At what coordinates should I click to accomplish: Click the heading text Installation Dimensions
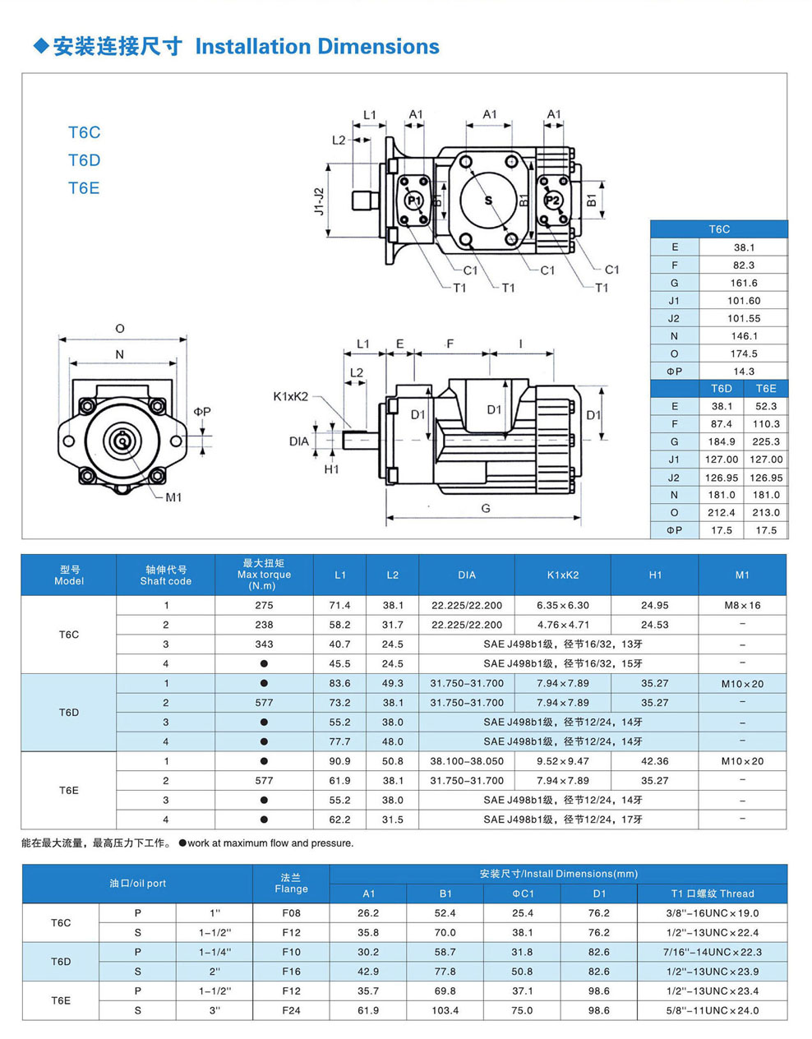click(x=317, y=47)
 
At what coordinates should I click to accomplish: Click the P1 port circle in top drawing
click(x=413, y=200)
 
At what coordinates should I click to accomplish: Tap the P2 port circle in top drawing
click(x=552, y=200)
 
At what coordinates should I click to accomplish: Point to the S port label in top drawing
click(x=488, y=200)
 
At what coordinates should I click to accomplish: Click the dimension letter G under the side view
click(x=486, y=508)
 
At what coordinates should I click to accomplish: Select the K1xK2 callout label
click(x=291, y=396)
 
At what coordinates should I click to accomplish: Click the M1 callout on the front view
click(x=173, y=497)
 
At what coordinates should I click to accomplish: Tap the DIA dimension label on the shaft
click(x=299, y=441)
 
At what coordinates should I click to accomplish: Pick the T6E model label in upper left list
click(x=84, y=188)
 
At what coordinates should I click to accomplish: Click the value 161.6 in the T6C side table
click(x=744, y=283)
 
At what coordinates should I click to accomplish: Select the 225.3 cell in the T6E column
click(x=766, y=441)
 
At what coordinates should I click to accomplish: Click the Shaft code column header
click(x=166, y=575)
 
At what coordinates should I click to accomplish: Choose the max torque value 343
click(x=264, y=644)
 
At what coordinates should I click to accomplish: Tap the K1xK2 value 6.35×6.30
click(x=563, y=606)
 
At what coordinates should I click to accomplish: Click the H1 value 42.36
click(x=655, y=761)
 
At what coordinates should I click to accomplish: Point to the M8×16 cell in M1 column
click(x=742, y=606)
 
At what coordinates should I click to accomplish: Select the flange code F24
click(x=291, y=1010)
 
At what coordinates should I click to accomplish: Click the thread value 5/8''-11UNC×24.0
click(x=712, y=1010)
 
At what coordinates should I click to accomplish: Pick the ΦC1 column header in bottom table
click(x=523, y=894)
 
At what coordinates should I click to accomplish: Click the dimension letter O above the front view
click(x=120, y=329)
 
